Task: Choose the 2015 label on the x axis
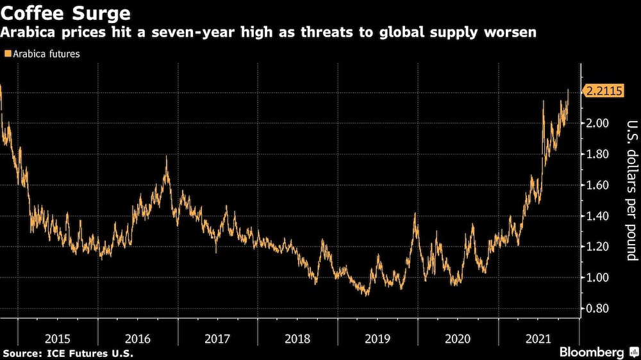57,338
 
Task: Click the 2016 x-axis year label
137,338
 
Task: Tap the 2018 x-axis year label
297,338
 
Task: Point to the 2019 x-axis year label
378,338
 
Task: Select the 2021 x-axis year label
538,338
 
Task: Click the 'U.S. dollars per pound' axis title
631,190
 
